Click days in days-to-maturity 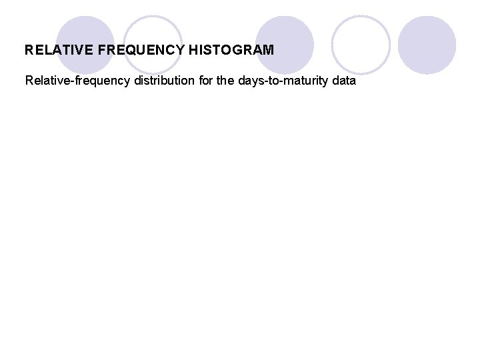click(254, 81)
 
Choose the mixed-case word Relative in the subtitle click(46, 81)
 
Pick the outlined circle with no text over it click(360, 44)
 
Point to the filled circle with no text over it click(427, 44)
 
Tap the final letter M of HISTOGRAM click(268, 50)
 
